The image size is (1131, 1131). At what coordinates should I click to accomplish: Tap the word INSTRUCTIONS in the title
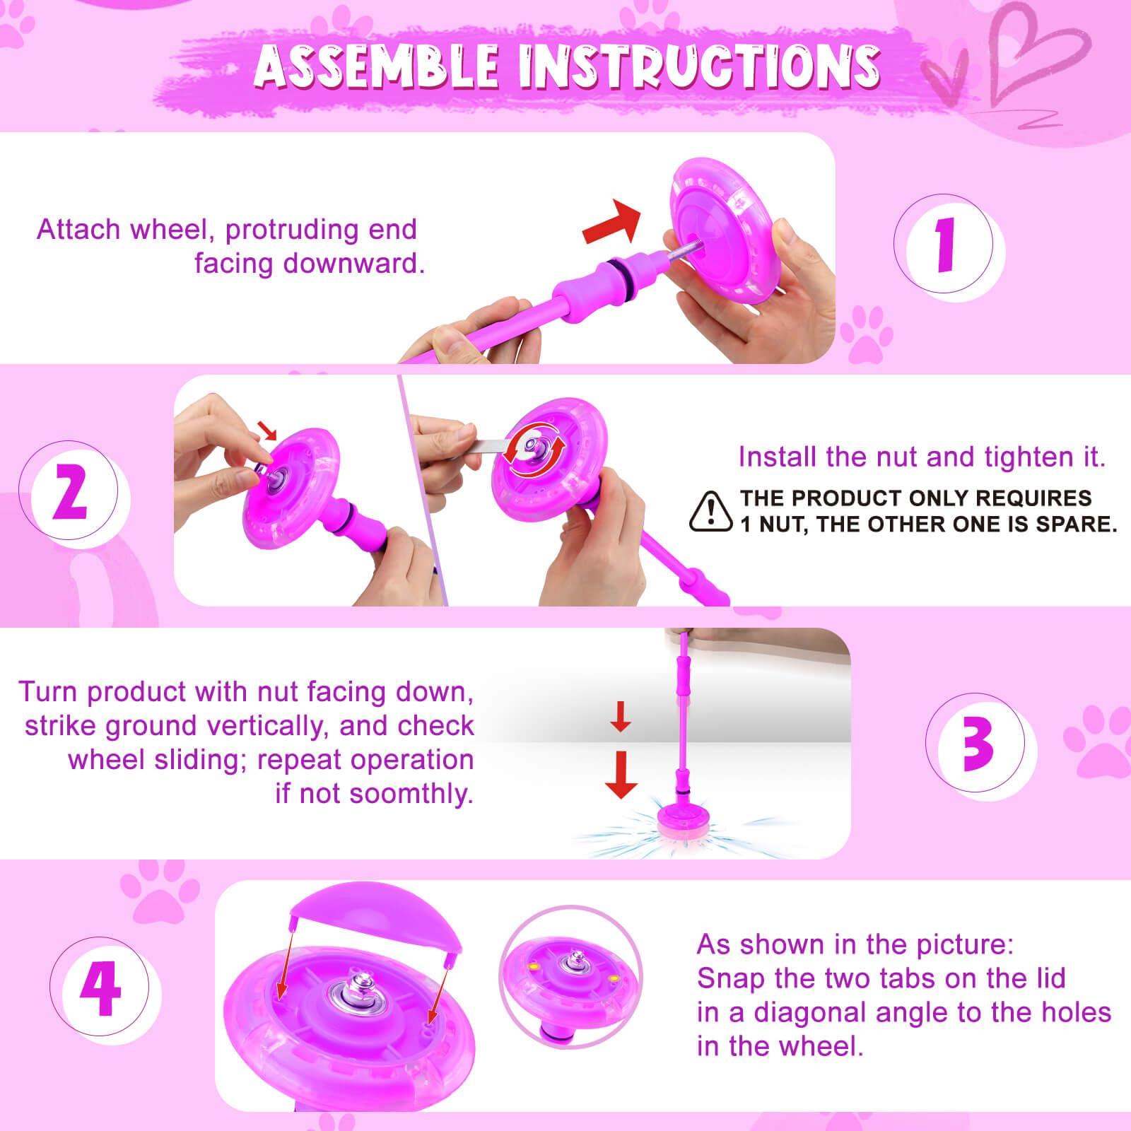(698, 66)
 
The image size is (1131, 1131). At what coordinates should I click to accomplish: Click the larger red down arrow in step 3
(621, 775)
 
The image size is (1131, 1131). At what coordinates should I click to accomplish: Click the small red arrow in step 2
(267, 429)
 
